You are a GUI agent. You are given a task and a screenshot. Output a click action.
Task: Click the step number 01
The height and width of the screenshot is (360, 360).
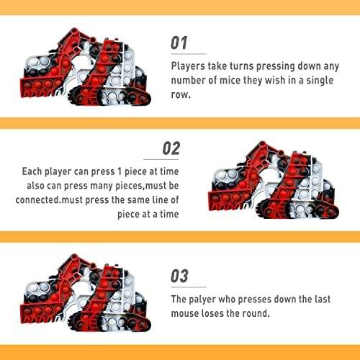pyautogui.click(x=179, y=43)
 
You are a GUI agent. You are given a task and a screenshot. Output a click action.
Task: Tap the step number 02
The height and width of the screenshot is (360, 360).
pyautogui.click(x=171, y=148)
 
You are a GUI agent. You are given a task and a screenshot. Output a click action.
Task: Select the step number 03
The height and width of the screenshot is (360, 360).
pyautogui.click(x=179, y=276)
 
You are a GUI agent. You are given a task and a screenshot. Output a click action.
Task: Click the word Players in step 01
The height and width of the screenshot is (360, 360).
pyautogui.click(x=188, y=66)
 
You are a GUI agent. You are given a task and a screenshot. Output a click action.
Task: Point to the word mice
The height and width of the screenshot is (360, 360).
pyautogui.click(x=230, y=80)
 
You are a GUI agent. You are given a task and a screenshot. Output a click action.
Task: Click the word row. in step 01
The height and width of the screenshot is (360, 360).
pyautogui.click(x=181, y=95)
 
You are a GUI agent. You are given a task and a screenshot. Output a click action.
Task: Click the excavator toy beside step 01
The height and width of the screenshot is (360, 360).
pyautogui.click(x=86, y=67)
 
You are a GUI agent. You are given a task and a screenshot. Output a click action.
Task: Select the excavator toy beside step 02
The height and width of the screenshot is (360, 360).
pyautogui.click(x=274, y=180)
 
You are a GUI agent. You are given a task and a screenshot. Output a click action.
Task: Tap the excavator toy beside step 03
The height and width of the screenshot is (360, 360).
pyautogui.click(x=86, y=292)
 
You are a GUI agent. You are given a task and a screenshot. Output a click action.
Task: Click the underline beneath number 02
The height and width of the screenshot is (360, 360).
pyautogui.click(x=161, y=159)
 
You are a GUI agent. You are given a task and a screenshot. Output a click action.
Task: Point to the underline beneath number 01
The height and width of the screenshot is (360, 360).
pyautogui.click(x=189, y=54)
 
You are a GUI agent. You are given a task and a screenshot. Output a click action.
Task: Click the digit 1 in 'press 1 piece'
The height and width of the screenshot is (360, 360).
pyautogui.click(x=120, y=171)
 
